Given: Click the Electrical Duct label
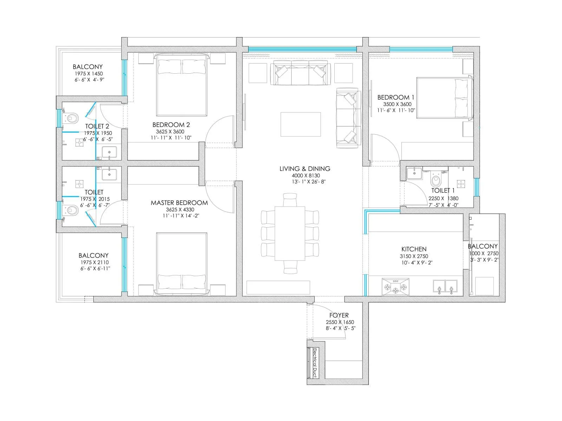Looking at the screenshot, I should (315, 362).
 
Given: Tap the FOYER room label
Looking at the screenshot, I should (339, 315).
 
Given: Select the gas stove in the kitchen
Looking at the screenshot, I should (396, 286).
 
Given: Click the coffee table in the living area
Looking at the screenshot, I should (300, 124).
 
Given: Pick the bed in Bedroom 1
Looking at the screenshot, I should (444, 98).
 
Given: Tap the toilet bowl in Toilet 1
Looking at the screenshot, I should (436, 180).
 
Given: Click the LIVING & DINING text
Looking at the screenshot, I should (305, 169).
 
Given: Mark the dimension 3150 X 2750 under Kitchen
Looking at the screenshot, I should (414, 256).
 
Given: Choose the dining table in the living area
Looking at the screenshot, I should (290, 233).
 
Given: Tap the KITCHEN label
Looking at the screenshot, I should (414, 249).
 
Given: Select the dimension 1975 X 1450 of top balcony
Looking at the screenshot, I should (89, 74).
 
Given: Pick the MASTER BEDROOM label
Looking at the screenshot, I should (179, 203).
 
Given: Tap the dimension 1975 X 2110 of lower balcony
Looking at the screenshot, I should (94, 262).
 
